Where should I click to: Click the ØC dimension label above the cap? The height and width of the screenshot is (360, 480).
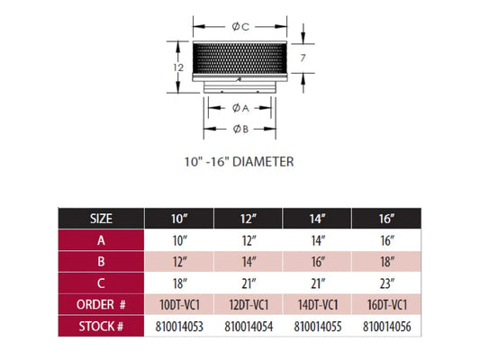(240, 27)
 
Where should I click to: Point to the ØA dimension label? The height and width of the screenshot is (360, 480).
(240, 108)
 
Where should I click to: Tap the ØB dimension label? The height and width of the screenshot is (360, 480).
(240, 129)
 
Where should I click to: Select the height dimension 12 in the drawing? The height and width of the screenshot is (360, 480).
(178, 67)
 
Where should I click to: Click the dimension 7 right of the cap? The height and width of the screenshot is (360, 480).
(303, 58)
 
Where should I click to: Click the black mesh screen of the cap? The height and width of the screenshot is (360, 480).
(240, 58)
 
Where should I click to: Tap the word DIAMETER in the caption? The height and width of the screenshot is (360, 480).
(263, 161)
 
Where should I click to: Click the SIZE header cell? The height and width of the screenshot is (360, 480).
(101, 219)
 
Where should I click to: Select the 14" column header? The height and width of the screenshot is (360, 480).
(317, 219)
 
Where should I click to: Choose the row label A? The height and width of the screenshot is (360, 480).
(101, 240)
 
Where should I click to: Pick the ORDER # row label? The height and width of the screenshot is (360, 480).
(101, 304)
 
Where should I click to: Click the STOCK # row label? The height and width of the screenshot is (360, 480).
(101, 327)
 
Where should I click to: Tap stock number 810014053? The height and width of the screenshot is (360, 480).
(179, 327)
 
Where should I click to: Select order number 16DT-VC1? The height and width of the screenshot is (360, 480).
(387, 305)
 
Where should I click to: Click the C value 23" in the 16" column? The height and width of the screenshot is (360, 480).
(387, 283)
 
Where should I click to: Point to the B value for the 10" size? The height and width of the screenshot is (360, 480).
(180, 262)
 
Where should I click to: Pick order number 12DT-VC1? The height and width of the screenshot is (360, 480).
(249, 305)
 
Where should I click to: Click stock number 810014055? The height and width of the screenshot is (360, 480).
(318, 327)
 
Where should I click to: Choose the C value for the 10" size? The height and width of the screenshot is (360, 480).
(180, 283)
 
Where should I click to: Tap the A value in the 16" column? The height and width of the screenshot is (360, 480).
(387, 240)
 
